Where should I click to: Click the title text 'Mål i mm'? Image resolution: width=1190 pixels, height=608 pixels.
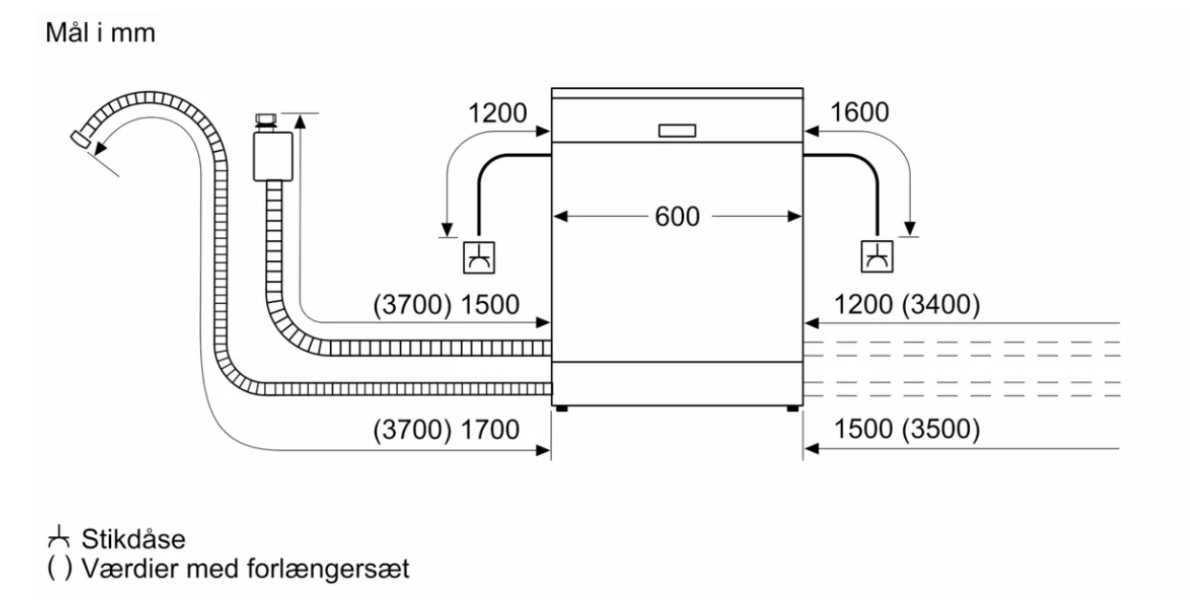click(100, 33)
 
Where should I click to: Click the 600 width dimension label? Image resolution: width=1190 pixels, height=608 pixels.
click(677, 217)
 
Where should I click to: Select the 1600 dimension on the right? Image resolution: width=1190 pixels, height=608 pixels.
click(859, 113)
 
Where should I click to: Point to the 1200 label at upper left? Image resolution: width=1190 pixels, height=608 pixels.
click(497, 113)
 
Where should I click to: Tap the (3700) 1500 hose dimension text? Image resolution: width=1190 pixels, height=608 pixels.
click(446, 305)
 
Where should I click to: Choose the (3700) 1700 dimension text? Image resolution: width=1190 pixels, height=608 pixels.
click(446, 429)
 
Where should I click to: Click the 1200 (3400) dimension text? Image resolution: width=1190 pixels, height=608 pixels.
click(907, 305)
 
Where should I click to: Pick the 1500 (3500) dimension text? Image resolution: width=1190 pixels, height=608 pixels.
click(907, 429)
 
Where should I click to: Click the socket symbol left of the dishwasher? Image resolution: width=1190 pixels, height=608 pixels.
click(479, 257)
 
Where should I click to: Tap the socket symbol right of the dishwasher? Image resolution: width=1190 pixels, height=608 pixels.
click(876, 257)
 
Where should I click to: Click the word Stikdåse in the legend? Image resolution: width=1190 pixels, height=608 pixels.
click(133, 539)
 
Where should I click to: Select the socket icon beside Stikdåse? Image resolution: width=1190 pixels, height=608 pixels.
click(58, 537)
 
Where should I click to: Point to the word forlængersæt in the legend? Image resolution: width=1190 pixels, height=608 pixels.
click(328, 569)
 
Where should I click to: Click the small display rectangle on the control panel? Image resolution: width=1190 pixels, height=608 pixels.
click(677, 131)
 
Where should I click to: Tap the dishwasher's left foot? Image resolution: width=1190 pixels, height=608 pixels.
click(562, 409)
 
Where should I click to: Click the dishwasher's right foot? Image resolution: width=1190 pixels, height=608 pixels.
click(793, 409)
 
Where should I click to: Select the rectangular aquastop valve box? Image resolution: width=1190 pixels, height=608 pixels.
click(273, 156)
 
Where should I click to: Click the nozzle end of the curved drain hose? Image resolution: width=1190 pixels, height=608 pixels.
click(80, 139)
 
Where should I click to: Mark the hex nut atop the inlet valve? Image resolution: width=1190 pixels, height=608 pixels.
click(266, 119)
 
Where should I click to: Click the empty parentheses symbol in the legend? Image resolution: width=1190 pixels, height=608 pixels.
click(59, 568)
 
